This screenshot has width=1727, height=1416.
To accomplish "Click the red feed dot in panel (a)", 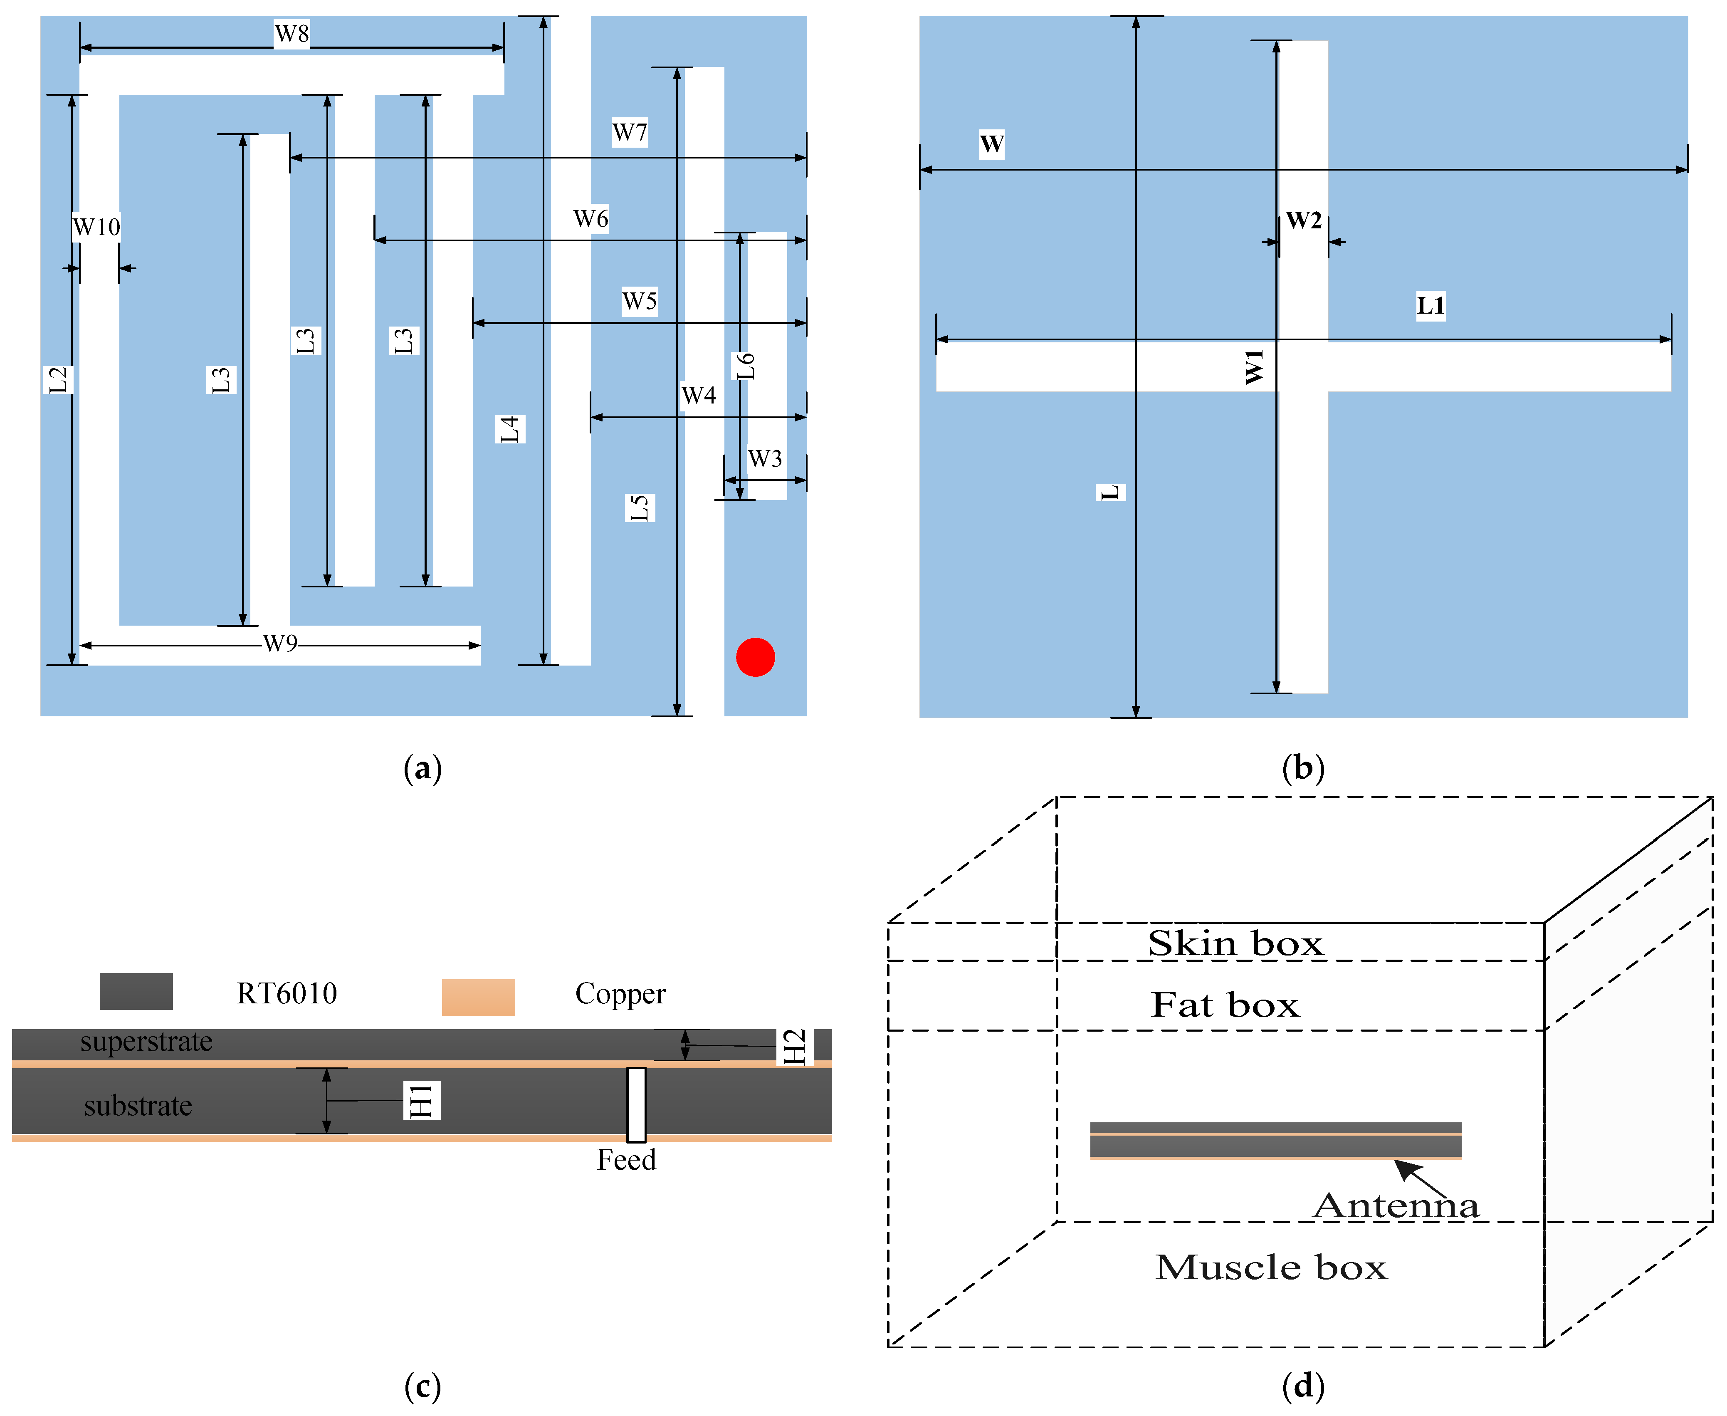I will [x=755, y=656].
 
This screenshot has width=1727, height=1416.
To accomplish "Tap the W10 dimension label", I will [x=96, y=227].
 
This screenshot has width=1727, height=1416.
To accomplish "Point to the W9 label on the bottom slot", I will [x=280, y=644].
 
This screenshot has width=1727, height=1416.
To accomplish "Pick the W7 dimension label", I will [x=630, y=132].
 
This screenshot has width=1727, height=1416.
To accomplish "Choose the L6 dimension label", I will [x=745, y=366].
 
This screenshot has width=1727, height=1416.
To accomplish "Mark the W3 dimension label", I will [x=765, y=458].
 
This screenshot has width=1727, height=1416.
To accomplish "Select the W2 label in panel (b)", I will [x=1303, y=220].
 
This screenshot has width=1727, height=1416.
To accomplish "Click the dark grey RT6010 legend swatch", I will [x=136, y=991].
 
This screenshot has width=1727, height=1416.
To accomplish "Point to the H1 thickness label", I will [x=422, y=1100].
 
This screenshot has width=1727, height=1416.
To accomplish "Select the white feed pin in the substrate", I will [x=636, y=1104].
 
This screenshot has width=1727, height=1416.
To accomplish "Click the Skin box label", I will [x=1235, y=944].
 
